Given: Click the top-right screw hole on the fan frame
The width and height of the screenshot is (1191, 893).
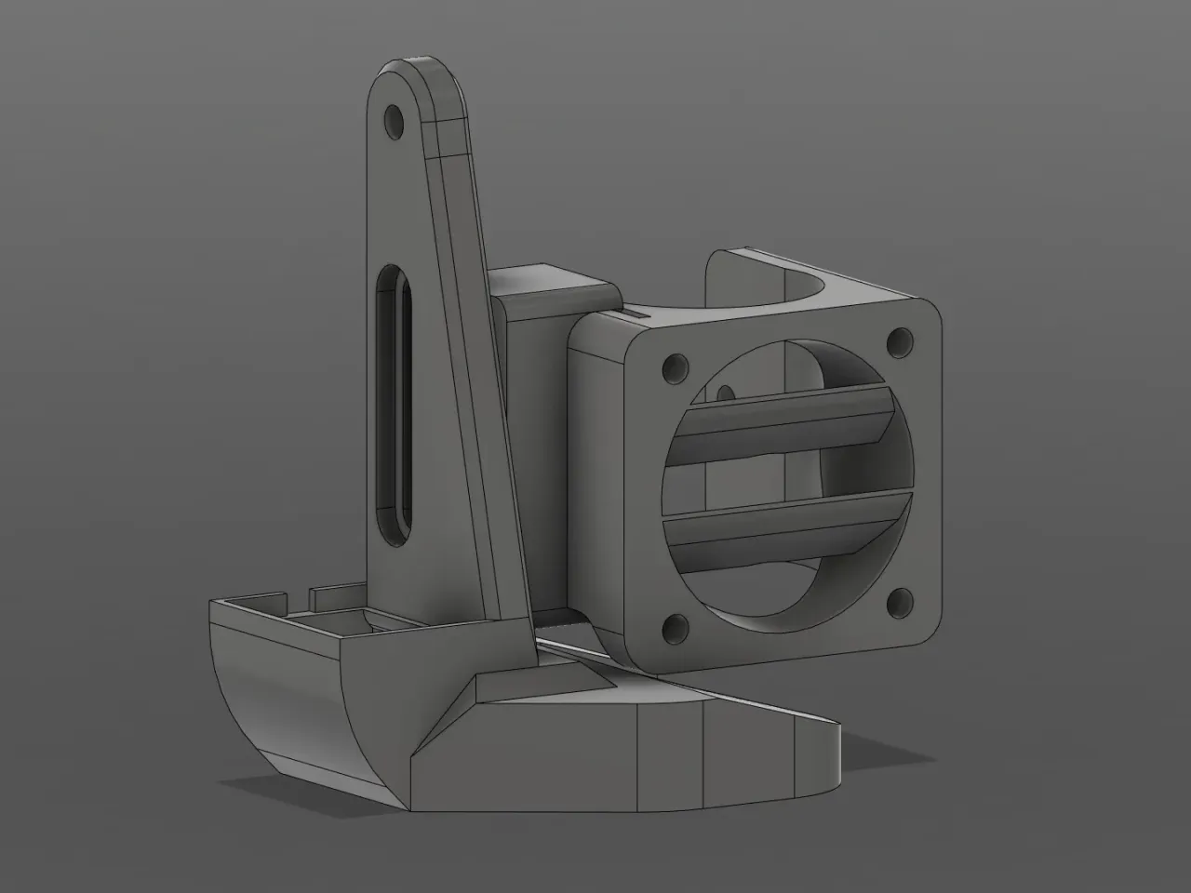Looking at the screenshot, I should click(898, 342).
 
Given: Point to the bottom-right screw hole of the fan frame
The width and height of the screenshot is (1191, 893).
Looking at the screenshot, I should click(899, 601).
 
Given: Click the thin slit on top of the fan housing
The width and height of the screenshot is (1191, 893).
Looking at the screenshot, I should click(633, 315).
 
